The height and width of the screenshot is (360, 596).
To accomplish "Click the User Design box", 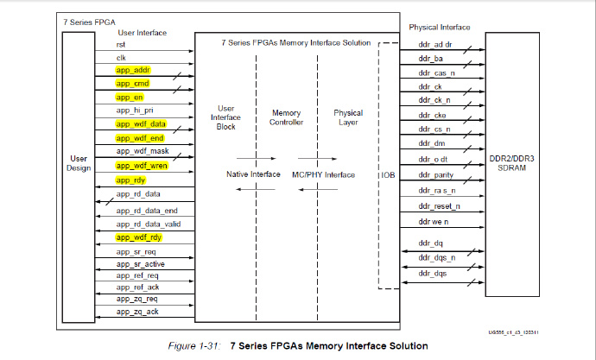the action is pos(79,164).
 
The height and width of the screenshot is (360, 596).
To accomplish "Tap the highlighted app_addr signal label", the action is pos(133,69).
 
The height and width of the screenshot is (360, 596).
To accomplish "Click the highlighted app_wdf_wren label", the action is pos(142,166).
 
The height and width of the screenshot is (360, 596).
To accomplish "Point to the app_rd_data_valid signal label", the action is pos(149,224).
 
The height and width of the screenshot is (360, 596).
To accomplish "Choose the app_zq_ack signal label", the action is pos(136,311).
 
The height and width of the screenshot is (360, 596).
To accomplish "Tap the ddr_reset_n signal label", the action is pos(439,207).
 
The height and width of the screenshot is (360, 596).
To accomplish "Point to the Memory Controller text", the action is pos(286,117).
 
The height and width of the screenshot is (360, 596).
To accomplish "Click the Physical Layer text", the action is pos(348,117).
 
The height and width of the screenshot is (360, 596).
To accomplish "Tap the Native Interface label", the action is pos(253,174).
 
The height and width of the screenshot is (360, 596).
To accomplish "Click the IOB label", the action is pos(388,175).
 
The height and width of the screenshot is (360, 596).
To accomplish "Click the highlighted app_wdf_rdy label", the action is pos(139,237).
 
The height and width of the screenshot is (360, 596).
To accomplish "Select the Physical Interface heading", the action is pos(439,28).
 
